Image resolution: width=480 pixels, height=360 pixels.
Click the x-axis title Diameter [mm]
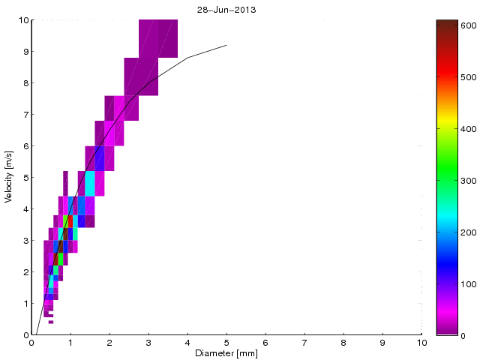(x=226, y=353)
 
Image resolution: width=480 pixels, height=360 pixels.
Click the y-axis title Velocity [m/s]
(x=8, y=178)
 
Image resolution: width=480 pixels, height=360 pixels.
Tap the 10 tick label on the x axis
(x=421, y=343)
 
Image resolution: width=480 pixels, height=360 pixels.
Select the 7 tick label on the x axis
(x=304, y=343)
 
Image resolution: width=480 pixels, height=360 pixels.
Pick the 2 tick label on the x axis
(x=109, y=343)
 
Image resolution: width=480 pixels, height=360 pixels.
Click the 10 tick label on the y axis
(x=23, y=20)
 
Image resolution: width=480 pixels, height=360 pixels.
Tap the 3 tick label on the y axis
(x=25, y=241)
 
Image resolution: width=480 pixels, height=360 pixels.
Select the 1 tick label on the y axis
(x=25, y=304)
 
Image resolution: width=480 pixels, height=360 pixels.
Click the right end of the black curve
(x=226, y=45)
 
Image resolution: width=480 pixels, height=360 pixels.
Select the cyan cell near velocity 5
(x=90, y=183)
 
